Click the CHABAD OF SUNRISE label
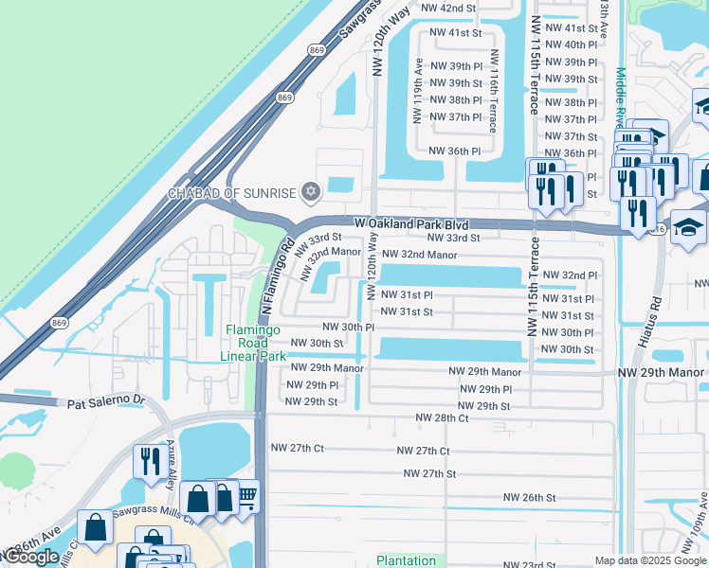coord(231,193)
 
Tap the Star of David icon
coord(309,193)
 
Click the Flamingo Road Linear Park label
coord(254,343)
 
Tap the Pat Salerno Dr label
coord(104,402)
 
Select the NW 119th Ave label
coord(416,91)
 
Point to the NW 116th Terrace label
coord(493,91)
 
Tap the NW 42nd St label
coord(447,8)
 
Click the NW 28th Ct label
coord(442,417)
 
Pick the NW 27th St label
coord(429,473)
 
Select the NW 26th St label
coord(529,497)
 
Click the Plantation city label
coord(406,560)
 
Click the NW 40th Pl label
coord(580,44)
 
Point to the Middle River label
coord(620,95)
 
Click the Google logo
coord(31,557)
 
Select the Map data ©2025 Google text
coord(648,560)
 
